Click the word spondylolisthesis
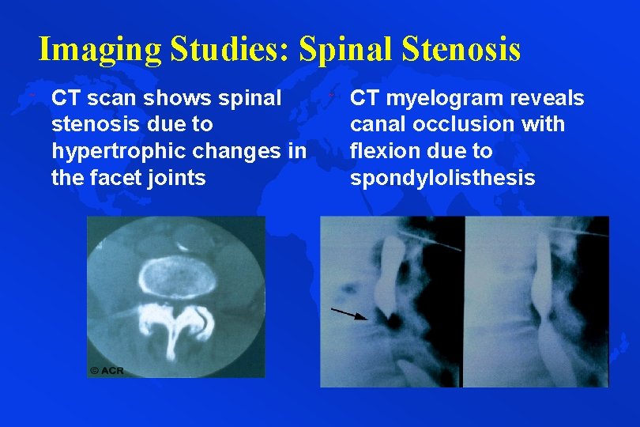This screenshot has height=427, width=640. click(442, 177)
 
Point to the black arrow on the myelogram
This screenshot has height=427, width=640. click(348, 314)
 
